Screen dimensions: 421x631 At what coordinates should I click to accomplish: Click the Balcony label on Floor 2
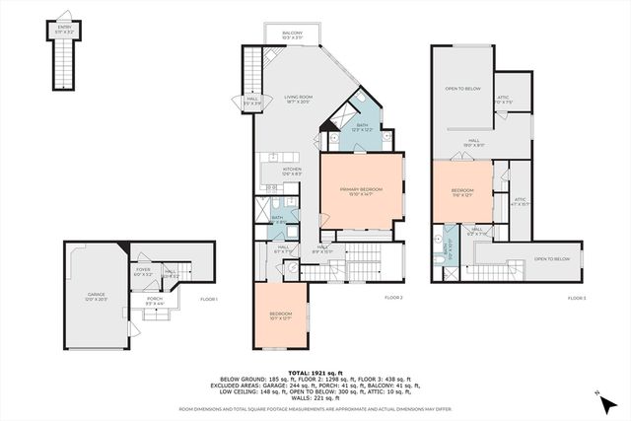291,35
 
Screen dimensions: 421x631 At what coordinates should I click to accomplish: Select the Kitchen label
292,172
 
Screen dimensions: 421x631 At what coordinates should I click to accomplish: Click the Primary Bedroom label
361,190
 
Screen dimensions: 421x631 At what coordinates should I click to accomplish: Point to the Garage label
96,297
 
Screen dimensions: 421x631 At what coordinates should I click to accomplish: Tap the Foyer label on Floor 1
143,272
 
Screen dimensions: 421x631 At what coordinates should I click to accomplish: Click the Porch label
155,301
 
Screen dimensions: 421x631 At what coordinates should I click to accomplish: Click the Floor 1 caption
208,298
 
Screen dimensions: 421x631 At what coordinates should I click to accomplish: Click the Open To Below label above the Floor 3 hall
462,89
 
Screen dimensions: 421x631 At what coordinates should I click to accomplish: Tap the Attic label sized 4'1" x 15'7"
520,201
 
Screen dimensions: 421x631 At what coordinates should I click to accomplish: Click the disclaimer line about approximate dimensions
315,407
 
